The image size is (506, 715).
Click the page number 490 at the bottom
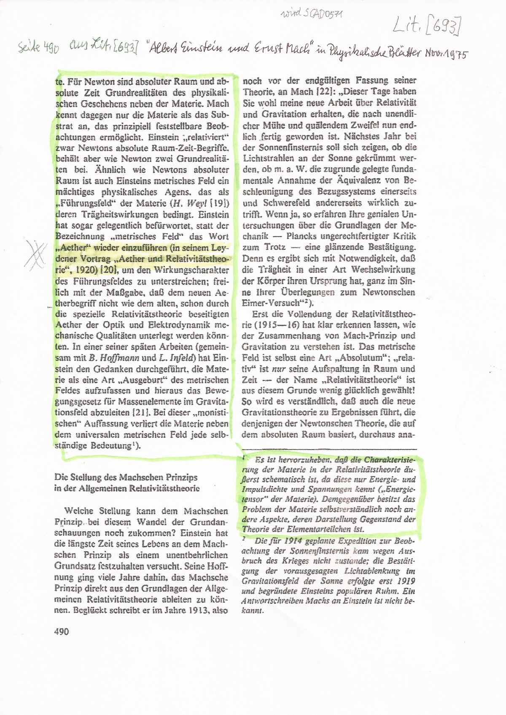pyautogui.click(x=62, y=631)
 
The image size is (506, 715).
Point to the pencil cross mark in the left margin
pyautogui.click(x=36, y=254)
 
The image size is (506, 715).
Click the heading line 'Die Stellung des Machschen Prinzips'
pyautogui.click(x=126, y=477)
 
